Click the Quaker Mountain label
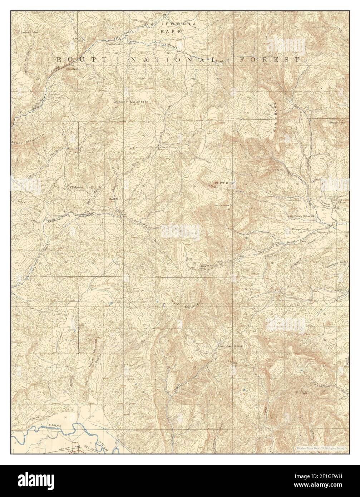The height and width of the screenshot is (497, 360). pos(130,102)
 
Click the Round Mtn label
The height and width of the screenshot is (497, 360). pos(274,170)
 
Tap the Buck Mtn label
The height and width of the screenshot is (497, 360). pos(337,122)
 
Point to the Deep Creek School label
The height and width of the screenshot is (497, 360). pos(300,216)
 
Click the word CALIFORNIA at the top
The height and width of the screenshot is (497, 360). pos(171,24)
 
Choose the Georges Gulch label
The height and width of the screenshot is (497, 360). pos(336,265)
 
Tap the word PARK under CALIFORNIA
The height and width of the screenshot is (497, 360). pos(171,31)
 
